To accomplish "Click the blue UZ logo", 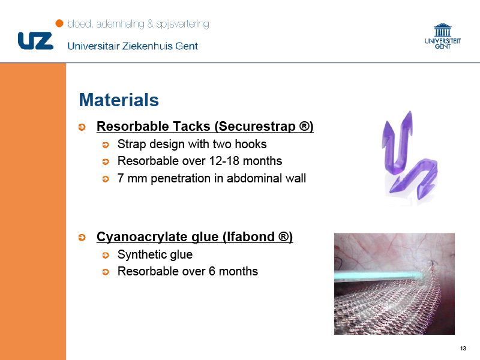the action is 36,40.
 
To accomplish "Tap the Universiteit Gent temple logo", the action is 443,36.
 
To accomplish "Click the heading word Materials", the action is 119,100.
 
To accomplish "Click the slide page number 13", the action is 463,349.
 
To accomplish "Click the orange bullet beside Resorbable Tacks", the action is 82,127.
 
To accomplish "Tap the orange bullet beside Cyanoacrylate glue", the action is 82,238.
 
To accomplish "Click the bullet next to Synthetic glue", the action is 106,256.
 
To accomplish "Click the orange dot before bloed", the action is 59,23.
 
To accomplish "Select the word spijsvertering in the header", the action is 183,24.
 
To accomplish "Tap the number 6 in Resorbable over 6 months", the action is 212,271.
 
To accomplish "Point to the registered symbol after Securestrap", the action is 304,126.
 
